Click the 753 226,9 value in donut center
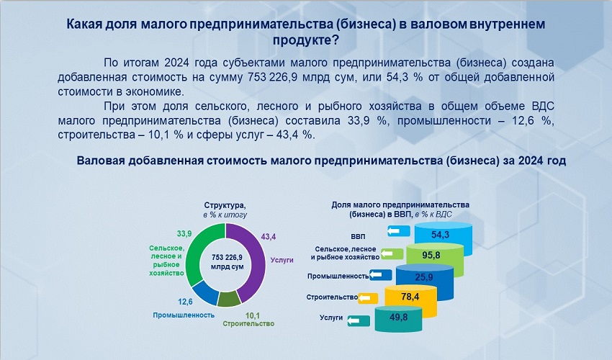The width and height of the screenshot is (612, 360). point(226,257)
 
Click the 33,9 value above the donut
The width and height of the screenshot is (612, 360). point(184,233)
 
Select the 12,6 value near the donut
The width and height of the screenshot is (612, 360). point(185,302)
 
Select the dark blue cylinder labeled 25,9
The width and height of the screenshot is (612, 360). point(423,277)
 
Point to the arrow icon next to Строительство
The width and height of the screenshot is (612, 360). point(369,297)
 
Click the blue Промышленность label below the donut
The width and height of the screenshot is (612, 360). point(184,315)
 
